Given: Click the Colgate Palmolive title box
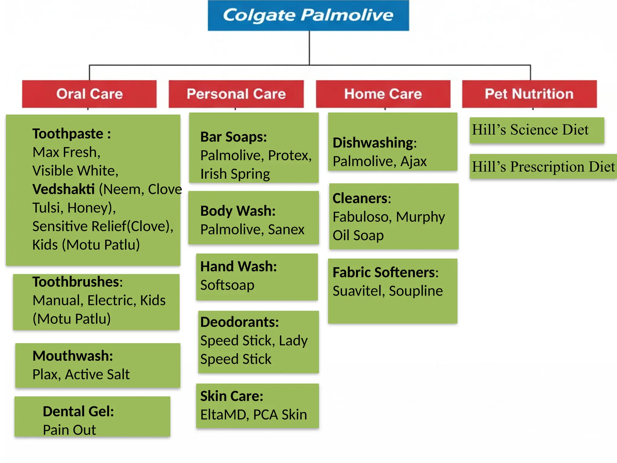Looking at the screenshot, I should point(308,15).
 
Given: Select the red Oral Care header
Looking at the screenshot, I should point(89,94).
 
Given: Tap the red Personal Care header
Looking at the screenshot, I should point(236,94).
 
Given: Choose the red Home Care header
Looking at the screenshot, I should point(383,94).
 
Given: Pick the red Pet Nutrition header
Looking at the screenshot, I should point(529,94).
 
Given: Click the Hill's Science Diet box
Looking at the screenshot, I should point(537,130).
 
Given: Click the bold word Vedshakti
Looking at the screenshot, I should point(64,189).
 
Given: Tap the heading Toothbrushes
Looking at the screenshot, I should point(77,282).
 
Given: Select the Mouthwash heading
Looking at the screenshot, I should point(73,356).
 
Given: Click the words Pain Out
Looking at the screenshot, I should point(69,430).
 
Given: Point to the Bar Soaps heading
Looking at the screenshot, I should point(233,137).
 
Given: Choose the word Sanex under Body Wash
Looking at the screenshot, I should point(286,230).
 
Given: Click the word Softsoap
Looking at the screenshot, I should point(227,285).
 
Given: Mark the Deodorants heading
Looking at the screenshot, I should point(240,322).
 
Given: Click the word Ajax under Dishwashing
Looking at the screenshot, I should point(413,162).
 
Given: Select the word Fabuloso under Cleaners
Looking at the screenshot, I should point(362,217).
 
